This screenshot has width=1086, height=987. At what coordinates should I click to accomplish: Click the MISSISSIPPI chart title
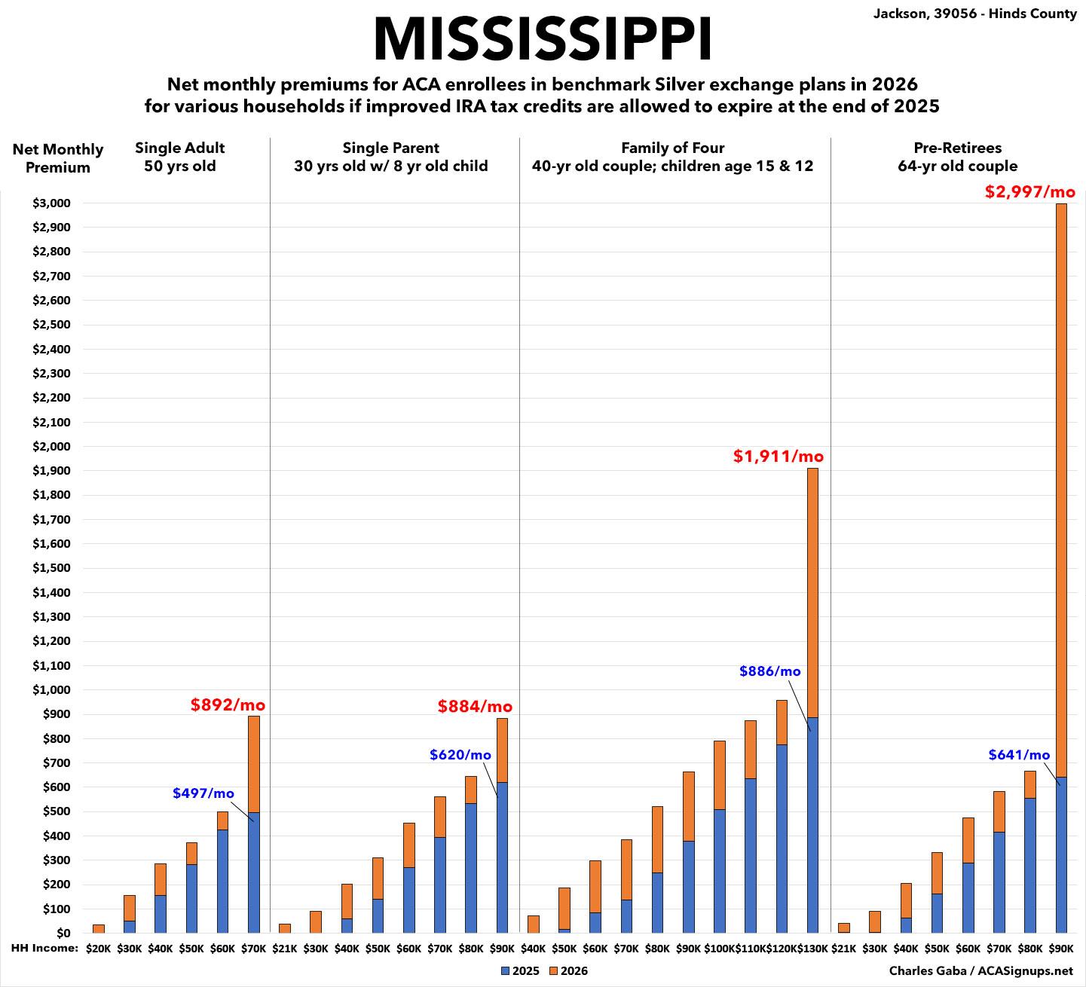pyautogui.click(x=543, y=38)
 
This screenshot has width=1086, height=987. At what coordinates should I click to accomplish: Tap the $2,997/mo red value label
pyautogui.click(x=1029, y=191)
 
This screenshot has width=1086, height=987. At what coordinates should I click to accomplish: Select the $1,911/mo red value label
pyautogui.click(x=778, y=456)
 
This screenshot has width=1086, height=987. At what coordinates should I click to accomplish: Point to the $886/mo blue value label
pyautogui.click(x=769, y=671)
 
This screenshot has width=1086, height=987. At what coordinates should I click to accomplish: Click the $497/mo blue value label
pyautogui.click(x=203, y=793)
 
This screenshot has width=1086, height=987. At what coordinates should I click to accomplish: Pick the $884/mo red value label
pyautogui.click(x=475, y=707)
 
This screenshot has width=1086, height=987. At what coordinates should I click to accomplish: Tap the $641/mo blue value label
pyautogui.click(x=1019, y=755)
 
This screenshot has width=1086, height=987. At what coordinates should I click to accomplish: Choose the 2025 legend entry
pyautogui.click(x=520, y=971)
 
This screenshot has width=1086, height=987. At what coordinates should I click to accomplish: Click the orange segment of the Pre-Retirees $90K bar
pyautogui.click(x=1061, y=490)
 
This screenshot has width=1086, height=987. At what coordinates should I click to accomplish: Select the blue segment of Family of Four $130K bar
pyautogui.click(x=812, y=825)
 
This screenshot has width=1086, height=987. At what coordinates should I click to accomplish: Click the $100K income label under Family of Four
pyautogui.click(x=719, y=949)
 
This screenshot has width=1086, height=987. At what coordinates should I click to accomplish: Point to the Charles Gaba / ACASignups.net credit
pyautogui.click(x=980, y=971)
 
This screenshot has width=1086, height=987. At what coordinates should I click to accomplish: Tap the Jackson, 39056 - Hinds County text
pyautogui.click(x=974, y=14)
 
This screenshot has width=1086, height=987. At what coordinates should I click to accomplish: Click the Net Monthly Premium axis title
pyautogui.click(x=58, y=158)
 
